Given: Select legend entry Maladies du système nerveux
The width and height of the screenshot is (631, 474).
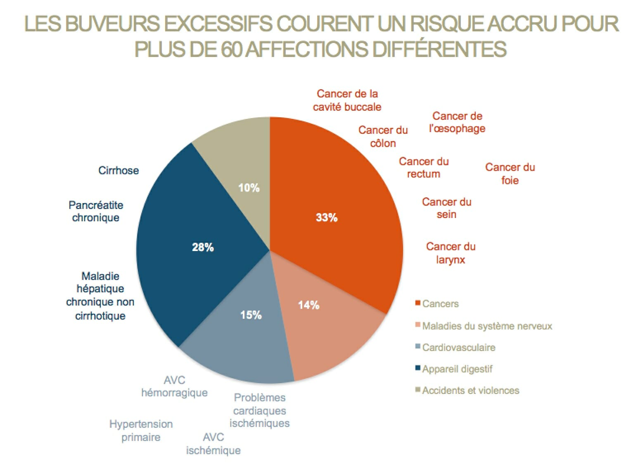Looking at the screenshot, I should tap(486, 326).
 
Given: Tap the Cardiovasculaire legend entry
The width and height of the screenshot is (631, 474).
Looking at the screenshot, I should tap(458, 347).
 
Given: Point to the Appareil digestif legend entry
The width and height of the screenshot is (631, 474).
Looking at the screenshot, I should tap(457, 369).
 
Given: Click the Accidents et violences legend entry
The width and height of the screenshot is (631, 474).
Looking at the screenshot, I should tap(470, 390).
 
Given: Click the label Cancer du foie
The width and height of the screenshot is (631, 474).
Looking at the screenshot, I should tap(510, 174).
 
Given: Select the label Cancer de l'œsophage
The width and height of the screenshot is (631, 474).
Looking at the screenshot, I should tap(457, 122).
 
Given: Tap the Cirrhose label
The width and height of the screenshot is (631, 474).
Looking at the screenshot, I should tap(119, 171).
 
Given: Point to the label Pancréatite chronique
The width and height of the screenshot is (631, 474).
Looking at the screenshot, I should tap(96, 211).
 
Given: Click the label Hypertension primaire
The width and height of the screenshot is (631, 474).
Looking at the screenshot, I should tap(141, 431).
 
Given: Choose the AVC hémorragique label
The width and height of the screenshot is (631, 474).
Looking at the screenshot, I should tap(174, 386).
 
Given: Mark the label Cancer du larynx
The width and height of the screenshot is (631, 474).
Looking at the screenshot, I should tap(451, 253).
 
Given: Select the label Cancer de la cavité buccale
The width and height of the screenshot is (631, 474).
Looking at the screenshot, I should tap(347, 100).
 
